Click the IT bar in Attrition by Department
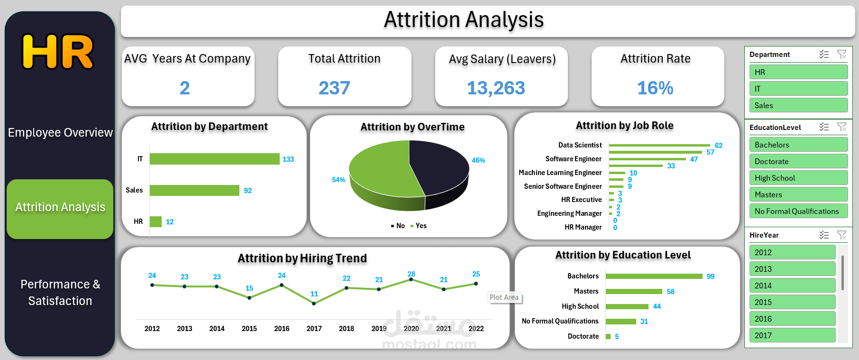pyautogui.click(x=214, y=159)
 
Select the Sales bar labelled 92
pyautogui.click(x=194, y=190)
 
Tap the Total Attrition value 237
pyautogui.click(x=334, y=88)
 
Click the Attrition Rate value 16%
pyautogui.click(x=655, y=88)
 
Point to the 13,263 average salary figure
pyautogui.click(x=496, y=88)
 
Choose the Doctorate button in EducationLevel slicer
pyautogui.click(x=798, y=161)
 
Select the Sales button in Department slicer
pyautogui.click(x=798, y=105)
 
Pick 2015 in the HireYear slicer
pyautogui.click(x=792, y=302)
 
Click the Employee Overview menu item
pyautogui.click(x=60, y=132)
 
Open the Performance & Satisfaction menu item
pyautogui.click(x=60, y=292)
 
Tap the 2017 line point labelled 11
pyautogui.click(x=314, y=303)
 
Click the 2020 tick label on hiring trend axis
pyautogui.click(x=411, y=328)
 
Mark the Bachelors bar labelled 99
pyautogui.click(x=654, y=276)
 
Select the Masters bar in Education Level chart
pyautogui.click(x=634, y=291)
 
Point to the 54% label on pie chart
pyautogui.click(x=338, y=180)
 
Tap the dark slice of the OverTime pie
pyautogui.click(x=441, y=166)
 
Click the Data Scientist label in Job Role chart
pyautogui.click(x=580, y=145)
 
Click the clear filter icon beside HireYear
pyautogui.click(x=841, y=235)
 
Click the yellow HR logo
pyautogui.click(x=58, y=52)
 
